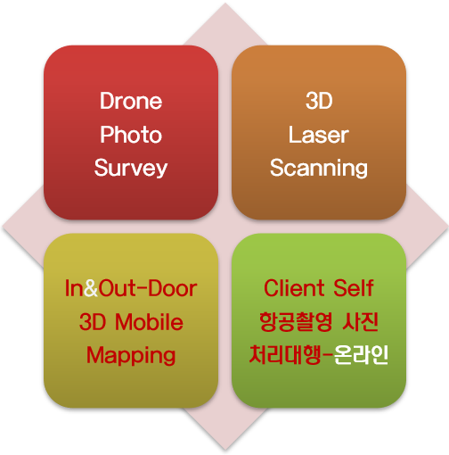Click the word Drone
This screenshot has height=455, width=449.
click(x=131, y=101)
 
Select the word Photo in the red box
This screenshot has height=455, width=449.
click(x=131, y=135)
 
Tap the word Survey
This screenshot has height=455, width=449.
click(x=131, y=169)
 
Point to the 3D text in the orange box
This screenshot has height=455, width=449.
click(x=319, y=101)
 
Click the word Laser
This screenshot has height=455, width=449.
click(x=319, y=135)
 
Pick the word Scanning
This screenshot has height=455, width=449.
click(x=319, y=169)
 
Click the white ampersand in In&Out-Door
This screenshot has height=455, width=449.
click(x=91, y=288)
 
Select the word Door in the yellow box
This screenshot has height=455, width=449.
click(x=173, y=288)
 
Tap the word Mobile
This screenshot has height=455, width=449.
click(x=149, y=322)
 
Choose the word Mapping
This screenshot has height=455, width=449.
click(x=131, y=356)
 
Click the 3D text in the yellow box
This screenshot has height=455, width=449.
click(x=93, y=322)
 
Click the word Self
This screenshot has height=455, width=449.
click(x=353, y=288)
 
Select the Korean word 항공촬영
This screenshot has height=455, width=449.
click(x=296, y=322)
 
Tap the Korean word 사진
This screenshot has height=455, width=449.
click(x=360, y=322)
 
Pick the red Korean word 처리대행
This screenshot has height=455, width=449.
click(x=285, y=355)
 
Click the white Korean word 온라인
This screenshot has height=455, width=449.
click(x=361, y=355)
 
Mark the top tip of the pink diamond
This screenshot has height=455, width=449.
click(x=225, y=3)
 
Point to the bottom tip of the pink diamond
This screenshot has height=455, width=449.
click(x=225, y=451)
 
